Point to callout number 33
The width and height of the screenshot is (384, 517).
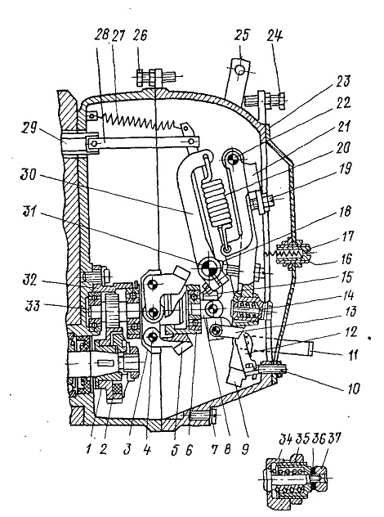(x=32, y=305)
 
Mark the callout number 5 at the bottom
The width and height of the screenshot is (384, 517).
(x=175, y=450)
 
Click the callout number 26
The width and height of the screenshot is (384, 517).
(x=140, y=35)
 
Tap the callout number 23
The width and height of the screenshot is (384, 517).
(x=342, y=82)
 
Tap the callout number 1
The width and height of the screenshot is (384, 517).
(x=88, y=449)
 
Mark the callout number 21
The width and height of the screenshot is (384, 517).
(x=342, y=127)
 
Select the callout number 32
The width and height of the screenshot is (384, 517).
(x=30, y=282)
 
